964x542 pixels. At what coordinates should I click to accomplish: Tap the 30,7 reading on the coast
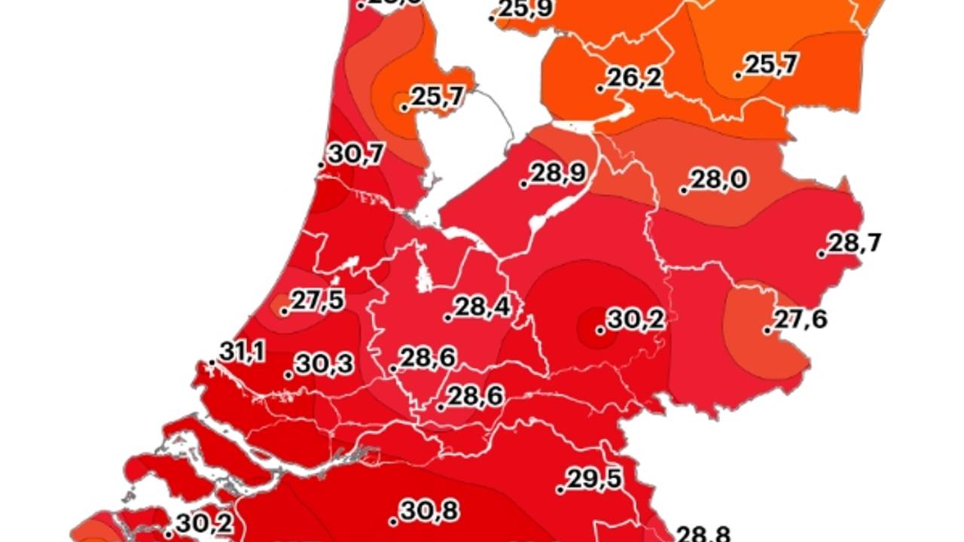pos(355,154)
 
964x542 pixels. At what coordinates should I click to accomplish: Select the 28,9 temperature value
pos(557,174)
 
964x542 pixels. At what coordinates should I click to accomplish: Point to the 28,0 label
pos(718,180)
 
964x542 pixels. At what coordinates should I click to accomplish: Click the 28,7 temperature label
pos(855,243)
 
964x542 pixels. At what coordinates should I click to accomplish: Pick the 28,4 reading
pos(482,307)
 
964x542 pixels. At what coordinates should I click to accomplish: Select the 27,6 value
pos(800,320)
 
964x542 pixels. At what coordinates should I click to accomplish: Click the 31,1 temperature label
pos(243,352)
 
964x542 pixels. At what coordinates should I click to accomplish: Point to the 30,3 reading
pos(324,364)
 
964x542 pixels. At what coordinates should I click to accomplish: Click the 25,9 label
pos(526,9)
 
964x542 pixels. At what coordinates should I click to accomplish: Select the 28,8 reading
pos(703,535)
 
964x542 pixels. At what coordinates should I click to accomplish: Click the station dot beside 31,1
pos(212,364)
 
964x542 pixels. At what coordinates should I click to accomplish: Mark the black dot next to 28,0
pos(684,190)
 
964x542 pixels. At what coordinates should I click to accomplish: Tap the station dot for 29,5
pos(560,490)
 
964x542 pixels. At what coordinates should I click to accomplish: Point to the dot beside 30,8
pos(393,522)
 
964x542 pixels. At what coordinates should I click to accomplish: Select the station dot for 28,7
pos(821,254)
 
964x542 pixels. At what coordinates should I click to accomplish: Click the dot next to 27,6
pos(767,330)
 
